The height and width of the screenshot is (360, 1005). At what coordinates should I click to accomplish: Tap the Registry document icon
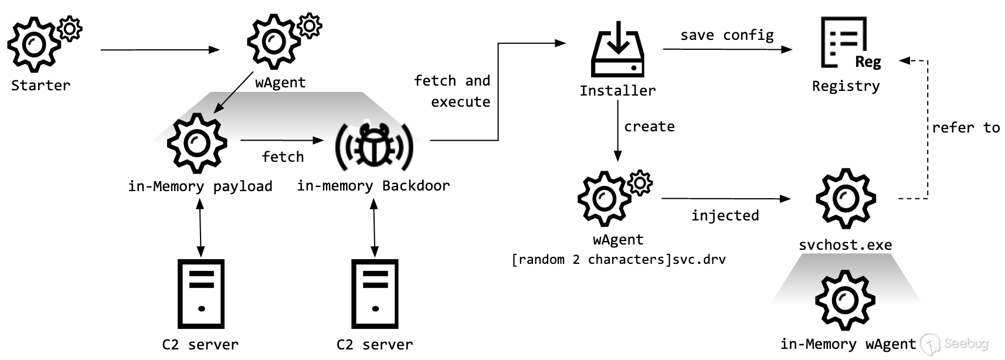coord(844,42)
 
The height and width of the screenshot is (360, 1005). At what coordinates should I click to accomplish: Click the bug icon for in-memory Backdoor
coord(374,145)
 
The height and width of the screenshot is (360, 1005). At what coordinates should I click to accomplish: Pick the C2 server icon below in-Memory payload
coord(201,294)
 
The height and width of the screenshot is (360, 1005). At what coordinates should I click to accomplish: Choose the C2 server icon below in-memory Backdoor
coord(375,294)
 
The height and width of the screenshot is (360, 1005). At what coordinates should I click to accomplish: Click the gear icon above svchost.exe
coord(846,199)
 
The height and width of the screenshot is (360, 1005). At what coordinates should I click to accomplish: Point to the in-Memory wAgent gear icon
coord(845,300)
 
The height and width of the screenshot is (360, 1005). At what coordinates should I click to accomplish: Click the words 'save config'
coord(726,35)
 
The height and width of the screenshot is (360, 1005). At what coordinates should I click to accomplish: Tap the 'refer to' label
coord(966,128)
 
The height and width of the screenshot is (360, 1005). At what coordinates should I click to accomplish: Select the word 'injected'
coord(725,216)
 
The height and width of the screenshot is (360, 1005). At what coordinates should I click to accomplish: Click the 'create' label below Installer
coord(649,127)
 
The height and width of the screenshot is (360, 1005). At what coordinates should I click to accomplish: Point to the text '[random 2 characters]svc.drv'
coord(619,259)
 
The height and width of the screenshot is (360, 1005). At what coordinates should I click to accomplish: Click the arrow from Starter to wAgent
coord(159,50)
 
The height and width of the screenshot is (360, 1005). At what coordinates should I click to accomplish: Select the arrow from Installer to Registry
coord(727,49)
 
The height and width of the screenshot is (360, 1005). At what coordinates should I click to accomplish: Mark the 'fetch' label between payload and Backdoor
coord(283,157)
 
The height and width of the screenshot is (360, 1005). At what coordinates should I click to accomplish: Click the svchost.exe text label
coord(845,245)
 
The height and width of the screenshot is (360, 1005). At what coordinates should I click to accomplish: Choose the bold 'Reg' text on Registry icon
coord(868,62)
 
